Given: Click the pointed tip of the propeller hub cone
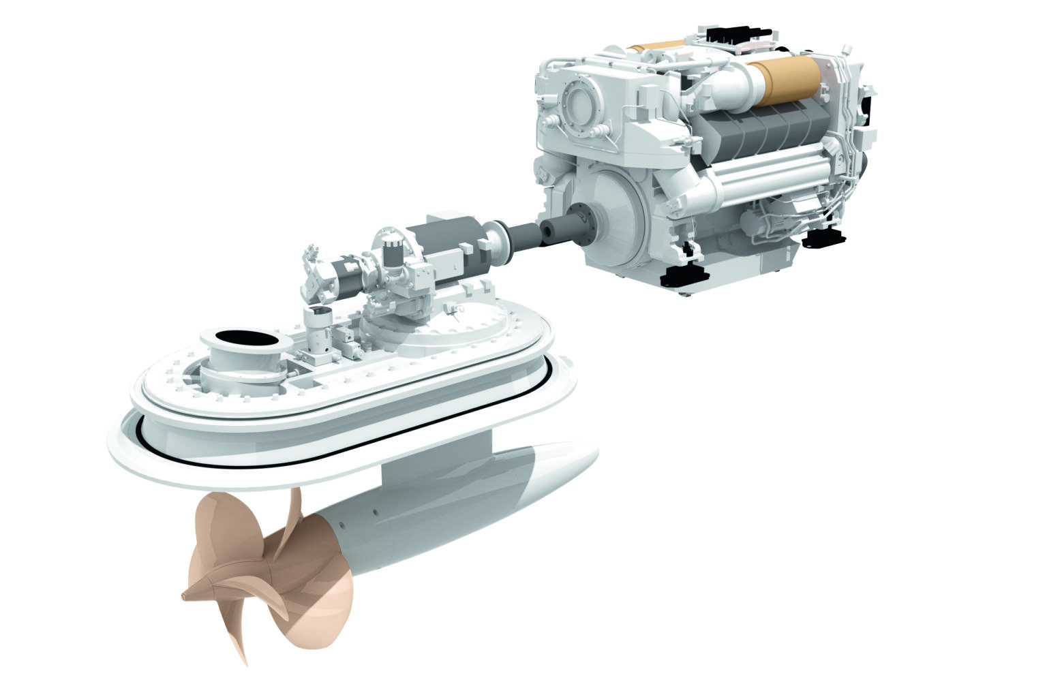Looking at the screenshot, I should point(185,596).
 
